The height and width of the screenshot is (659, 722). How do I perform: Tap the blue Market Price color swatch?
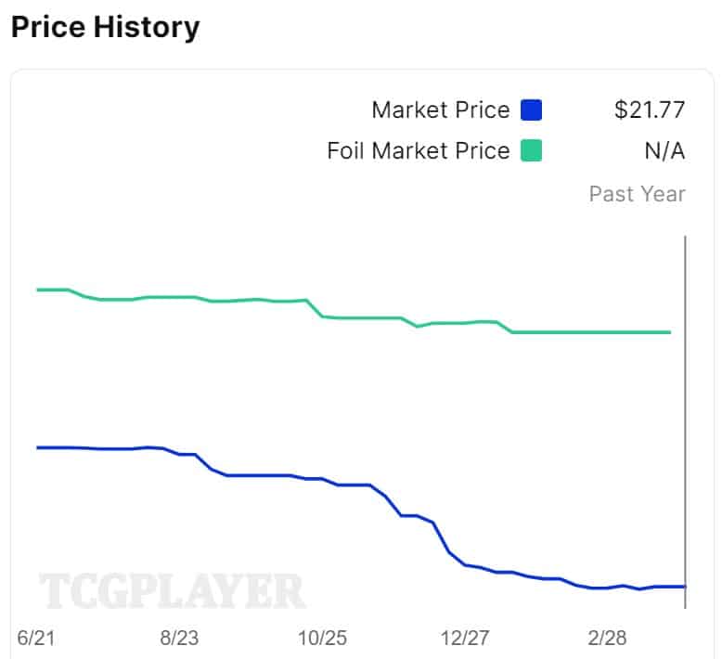(531, 110)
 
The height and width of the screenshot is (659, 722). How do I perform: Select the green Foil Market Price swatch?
(531, 150)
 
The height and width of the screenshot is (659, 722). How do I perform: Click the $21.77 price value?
(650, 110)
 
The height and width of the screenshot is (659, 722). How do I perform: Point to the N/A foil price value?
(664, 150)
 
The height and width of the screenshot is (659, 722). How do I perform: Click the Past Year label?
(638, 194)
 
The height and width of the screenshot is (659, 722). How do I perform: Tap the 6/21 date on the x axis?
(37, 639)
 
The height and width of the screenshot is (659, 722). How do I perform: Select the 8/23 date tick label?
(180, 639)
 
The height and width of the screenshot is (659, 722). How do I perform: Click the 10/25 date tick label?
(324, 639)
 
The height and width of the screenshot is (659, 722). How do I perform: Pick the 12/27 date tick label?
(467, 639)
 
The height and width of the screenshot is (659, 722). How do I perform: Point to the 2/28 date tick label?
(608, 639)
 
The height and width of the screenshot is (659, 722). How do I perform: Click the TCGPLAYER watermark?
(172, 591)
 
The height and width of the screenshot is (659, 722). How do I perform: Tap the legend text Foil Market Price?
(419, 150)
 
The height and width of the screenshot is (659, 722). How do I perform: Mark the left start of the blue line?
(37, 447)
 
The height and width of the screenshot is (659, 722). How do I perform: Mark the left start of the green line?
(37, 290)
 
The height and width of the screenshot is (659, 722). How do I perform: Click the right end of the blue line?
(684, 586)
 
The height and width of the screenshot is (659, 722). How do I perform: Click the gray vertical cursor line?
(685, 418)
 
